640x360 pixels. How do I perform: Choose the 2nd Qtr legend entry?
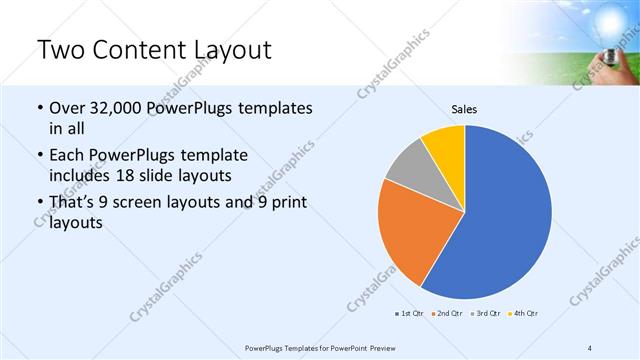pyautogui.click(x=447, y=314)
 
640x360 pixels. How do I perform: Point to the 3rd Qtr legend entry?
pyautogui.click(x=485, y=314)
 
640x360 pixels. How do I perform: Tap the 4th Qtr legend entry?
pyautogui.click(x=524, y=314)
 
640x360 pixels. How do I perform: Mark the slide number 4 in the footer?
pyautogui.click(x=590, y=347)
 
